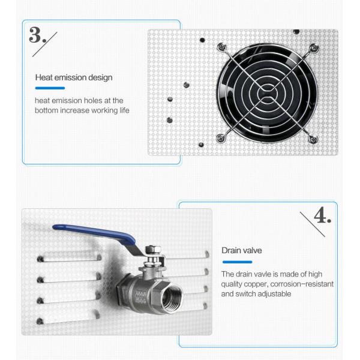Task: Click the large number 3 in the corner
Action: coord(35,35)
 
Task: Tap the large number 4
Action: coord(320,215)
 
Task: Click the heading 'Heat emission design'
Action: coord(74,77)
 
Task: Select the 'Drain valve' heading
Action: coord(242,250)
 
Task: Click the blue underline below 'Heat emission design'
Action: coord(50,88)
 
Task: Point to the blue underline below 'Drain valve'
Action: coord(237,262)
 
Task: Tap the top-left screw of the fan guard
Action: coord(222,47)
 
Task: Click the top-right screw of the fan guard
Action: coord(314,48)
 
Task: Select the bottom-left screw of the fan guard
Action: coord(220,138)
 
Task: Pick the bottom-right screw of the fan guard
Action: coord(313,139)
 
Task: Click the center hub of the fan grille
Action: coord(268,93)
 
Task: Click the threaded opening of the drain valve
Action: coord(171,297)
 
